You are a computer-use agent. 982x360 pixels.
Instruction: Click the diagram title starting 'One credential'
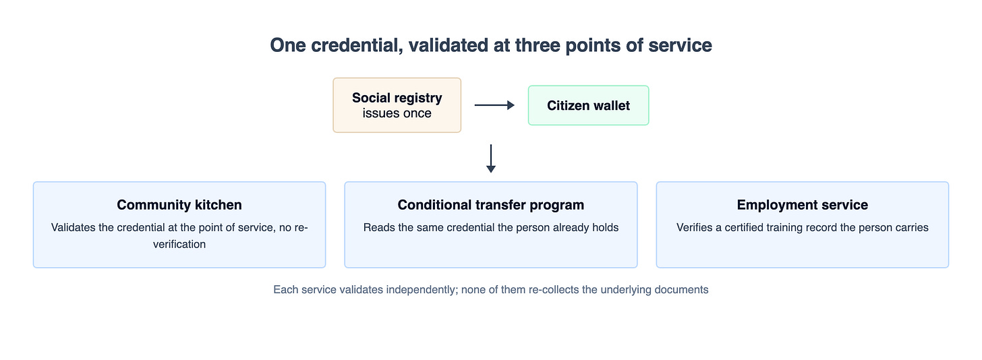pos(491,45)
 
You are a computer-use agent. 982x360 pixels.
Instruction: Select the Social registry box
pos(397,105)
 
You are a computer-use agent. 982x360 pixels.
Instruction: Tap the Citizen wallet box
pos(588,106)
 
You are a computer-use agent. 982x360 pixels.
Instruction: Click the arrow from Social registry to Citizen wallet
pos(494,105)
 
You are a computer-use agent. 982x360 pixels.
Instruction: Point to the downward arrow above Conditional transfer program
pos(491,158)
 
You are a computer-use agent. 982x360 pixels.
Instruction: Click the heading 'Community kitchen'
pos(179,205)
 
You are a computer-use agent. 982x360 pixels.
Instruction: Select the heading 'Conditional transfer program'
pos(490,205)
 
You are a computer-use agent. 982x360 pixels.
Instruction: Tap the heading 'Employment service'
pos(803,205)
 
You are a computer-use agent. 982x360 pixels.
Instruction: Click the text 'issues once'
pos(397,113)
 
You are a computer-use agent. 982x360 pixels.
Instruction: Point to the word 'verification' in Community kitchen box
pos(179,244)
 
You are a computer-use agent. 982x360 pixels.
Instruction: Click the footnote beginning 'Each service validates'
pos(491,289)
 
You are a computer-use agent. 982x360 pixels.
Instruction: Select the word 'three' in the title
pos(538,45)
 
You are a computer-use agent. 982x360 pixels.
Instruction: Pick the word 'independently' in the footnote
pos(422,290)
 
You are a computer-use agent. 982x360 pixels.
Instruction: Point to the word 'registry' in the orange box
pos(420,98)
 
